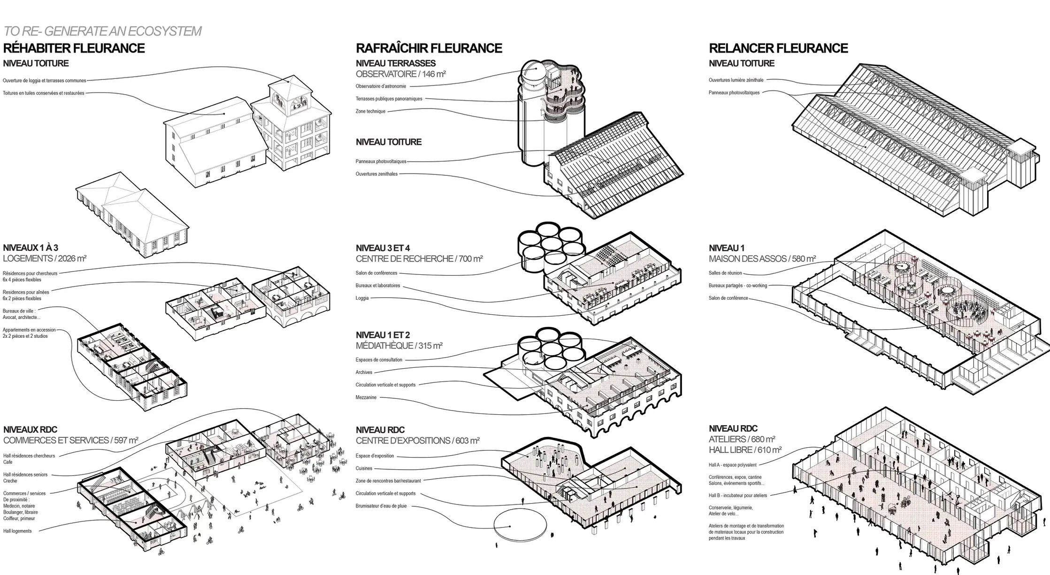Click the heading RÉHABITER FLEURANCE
point(74,48)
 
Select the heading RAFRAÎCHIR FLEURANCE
point(429,48)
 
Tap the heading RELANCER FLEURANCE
point(778,48)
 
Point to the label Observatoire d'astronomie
point(381,86)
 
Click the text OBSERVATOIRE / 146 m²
point(400,74)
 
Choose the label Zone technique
point(370,111)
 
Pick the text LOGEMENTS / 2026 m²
point(45,258)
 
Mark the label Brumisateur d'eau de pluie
point(381,506)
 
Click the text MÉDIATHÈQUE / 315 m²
point(399,346)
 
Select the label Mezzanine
point(366,397)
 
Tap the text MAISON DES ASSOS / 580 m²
point(762,258)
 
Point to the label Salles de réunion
point(725,273)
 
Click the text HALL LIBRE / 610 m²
point(745,450)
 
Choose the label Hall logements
point(17,531)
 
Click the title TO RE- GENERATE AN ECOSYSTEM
point(102,31)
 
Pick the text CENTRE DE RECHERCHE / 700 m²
point(419,258)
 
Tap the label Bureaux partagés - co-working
point(737,286)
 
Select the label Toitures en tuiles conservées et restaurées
point(43,93)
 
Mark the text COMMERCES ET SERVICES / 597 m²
point(70,440)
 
